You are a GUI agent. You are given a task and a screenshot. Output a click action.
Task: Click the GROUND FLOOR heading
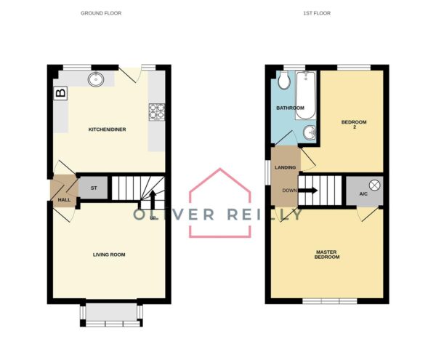[x=101, y=13]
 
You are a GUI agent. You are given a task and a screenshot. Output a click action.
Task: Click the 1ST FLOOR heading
[x=317, y=13]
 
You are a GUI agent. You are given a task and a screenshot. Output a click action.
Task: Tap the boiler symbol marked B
[x=61, y=93]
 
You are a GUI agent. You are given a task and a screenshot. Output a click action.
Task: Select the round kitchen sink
[x=96, y=79]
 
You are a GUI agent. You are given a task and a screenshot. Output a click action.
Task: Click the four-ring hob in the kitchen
[x=157, y=112]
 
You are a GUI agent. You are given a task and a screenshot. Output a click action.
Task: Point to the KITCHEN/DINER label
[x=107, y=129]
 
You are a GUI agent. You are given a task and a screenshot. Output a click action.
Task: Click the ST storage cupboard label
[x=94, y=188]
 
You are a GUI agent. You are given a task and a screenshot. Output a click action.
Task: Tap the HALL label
[x=64, y=200]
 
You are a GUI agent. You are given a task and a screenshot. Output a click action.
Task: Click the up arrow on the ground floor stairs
[x=153, y=200]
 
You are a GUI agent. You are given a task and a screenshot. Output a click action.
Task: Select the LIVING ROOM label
[x=109, y=255]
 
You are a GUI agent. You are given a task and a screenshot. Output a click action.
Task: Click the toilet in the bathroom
[x=284, y=80]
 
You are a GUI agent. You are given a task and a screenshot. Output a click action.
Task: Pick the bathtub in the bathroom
[x=306, y=95]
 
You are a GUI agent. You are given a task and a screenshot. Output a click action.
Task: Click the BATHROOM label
[x=290, y=108]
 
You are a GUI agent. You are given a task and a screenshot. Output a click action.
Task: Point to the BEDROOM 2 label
[x=354, y=124]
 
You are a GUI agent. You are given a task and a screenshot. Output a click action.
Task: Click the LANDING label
[x=286, y=167]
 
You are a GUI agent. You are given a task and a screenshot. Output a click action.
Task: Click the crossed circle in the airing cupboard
[x=374, y=185]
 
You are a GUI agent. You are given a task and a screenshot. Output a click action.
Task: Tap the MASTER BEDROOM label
[x=327, y=255]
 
